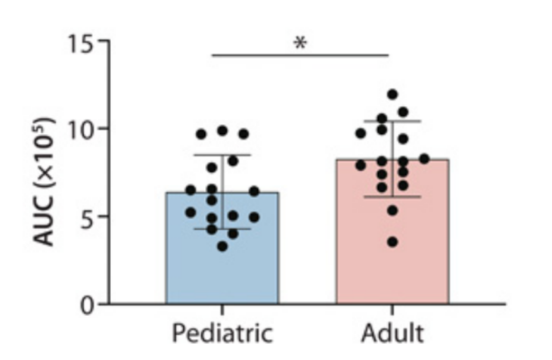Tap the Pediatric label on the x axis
pyautogui.click(x=222, y=334)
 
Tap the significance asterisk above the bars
pyautogui.click(x=300, y=43)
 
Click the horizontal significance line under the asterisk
pyautogui.click(x=300, y=54)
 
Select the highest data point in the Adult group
pyautogui.click(x=392, y=95)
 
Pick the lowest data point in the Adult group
pyautogui.click(x=392, y=242)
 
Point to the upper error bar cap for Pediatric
pyautogui.click(x=222, y=155)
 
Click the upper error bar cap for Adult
pyautogui.click(x=392, y=121)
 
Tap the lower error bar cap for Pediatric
pyautogui.click(x=222, y=228)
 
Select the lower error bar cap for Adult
pyautogui.click(x=392, y=197)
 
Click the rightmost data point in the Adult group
pyautogui.click(x=424, y=159)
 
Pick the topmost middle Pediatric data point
pyautogui.click(x=222, y=131)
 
